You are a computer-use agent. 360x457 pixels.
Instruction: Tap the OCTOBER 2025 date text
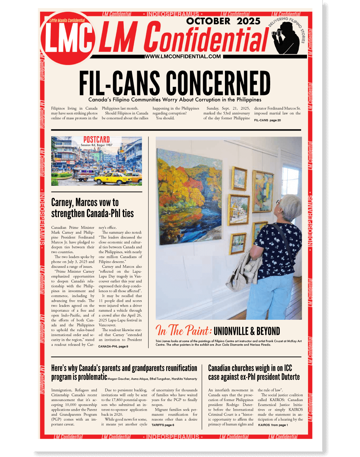pos(223,21)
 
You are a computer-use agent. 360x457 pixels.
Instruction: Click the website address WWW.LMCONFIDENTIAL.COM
pos(183,56)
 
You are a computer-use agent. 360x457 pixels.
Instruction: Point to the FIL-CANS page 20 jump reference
pos(267,120)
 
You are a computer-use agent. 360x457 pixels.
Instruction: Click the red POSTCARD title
pos(96,140)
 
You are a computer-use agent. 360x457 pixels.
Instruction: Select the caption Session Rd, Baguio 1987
pos(96,145)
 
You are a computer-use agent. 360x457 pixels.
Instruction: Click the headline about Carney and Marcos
pos(92,208)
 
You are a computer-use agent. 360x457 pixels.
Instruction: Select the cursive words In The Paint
pos(183,330)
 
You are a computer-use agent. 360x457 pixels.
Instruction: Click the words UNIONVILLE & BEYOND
pos(247,331)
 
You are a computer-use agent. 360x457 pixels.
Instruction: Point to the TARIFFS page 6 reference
pos(163,425)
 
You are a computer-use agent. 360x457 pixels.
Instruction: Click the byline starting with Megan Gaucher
pos(152,379)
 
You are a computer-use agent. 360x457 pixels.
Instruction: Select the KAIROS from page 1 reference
pos(273,425)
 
